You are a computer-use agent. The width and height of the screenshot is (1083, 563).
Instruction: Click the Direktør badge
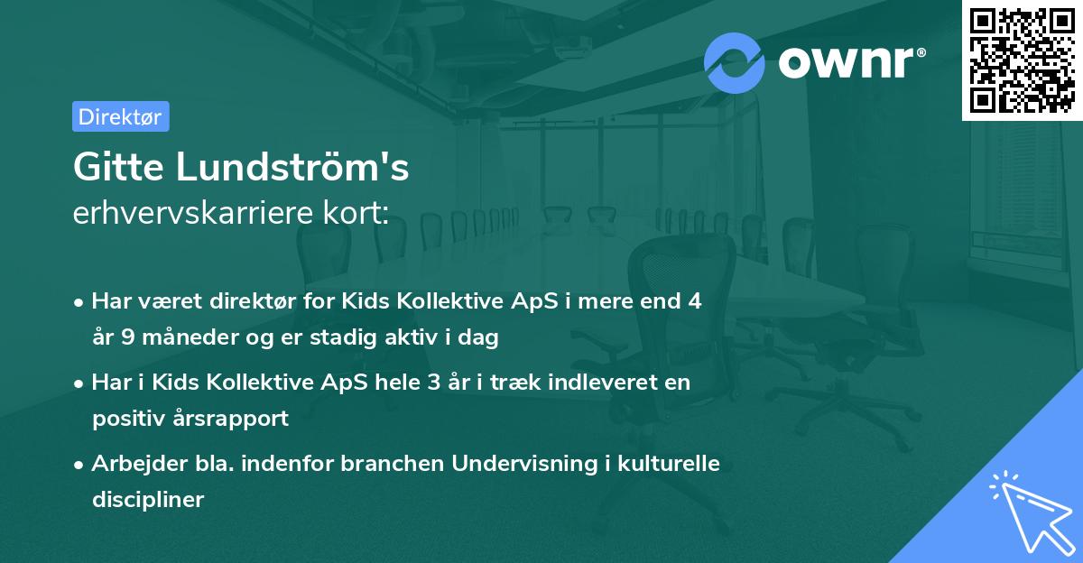pyautogui.click(x=120, y=116)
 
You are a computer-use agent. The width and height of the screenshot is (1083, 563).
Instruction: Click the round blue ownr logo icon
pyautogui.click(x=735, y=62)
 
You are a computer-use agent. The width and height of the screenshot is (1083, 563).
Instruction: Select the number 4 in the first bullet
pyautogui.click(x=694, y=301)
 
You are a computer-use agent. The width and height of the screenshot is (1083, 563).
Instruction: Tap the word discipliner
pyautogui.click(x=148, y=499)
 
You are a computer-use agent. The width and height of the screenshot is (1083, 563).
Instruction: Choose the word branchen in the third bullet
pyautogui.click(x=402, y=464)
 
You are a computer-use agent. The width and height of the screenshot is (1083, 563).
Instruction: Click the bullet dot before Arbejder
pyautogui.click(x=80, y=465)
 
